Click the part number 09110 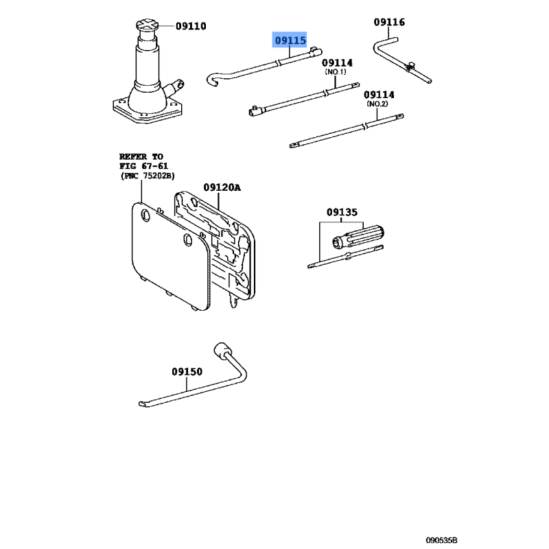(191, 26)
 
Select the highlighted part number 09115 (290, 40)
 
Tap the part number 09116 (389, 22)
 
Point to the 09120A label (222, 187)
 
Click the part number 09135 (342, 212)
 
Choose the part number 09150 (187, 371)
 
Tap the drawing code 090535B (441, 540)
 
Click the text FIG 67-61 (143, 166)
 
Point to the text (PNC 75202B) (148, 176)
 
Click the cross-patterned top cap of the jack (147, 25)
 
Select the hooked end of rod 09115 (213, 80)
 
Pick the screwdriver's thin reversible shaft (345, 257)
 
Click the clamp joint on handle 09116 (410, 66)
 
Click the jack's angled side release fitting (174, 88)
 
